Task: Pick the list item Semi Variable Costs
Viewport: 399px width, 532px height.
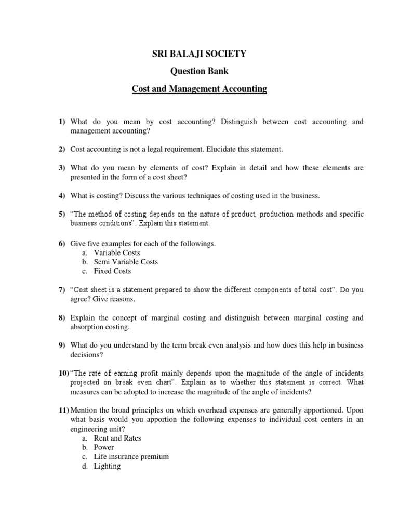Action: click(x=126, y=262)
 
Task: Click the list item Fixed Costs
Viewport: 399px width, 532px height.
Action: click(x=112, y=271)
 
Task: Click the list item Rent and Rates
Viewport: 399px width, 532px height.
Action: click(x=117, y=438)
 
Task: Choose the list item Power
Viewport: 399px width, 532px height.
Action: click(x=104, y=447)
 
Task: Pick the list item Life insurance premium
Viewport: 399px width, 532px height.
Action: click(x=131, y=457)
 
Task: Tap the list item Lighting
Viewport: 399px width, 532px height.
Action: click(x=107, y=466)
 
